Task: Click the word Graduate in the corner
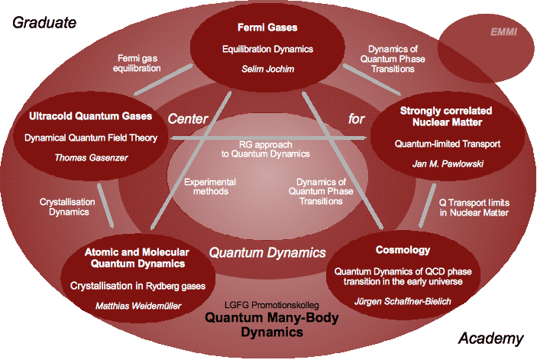[44, 22]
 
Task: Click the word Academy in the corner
[491, 339]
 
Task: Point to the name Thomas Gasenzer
[92, 158]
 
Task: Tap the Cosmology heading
[403, 250]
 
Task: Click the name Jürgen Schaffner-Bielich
[403, 301]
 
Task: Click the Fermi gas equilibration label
[140, 62]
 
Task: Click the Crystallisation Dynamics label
[70, 206]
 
